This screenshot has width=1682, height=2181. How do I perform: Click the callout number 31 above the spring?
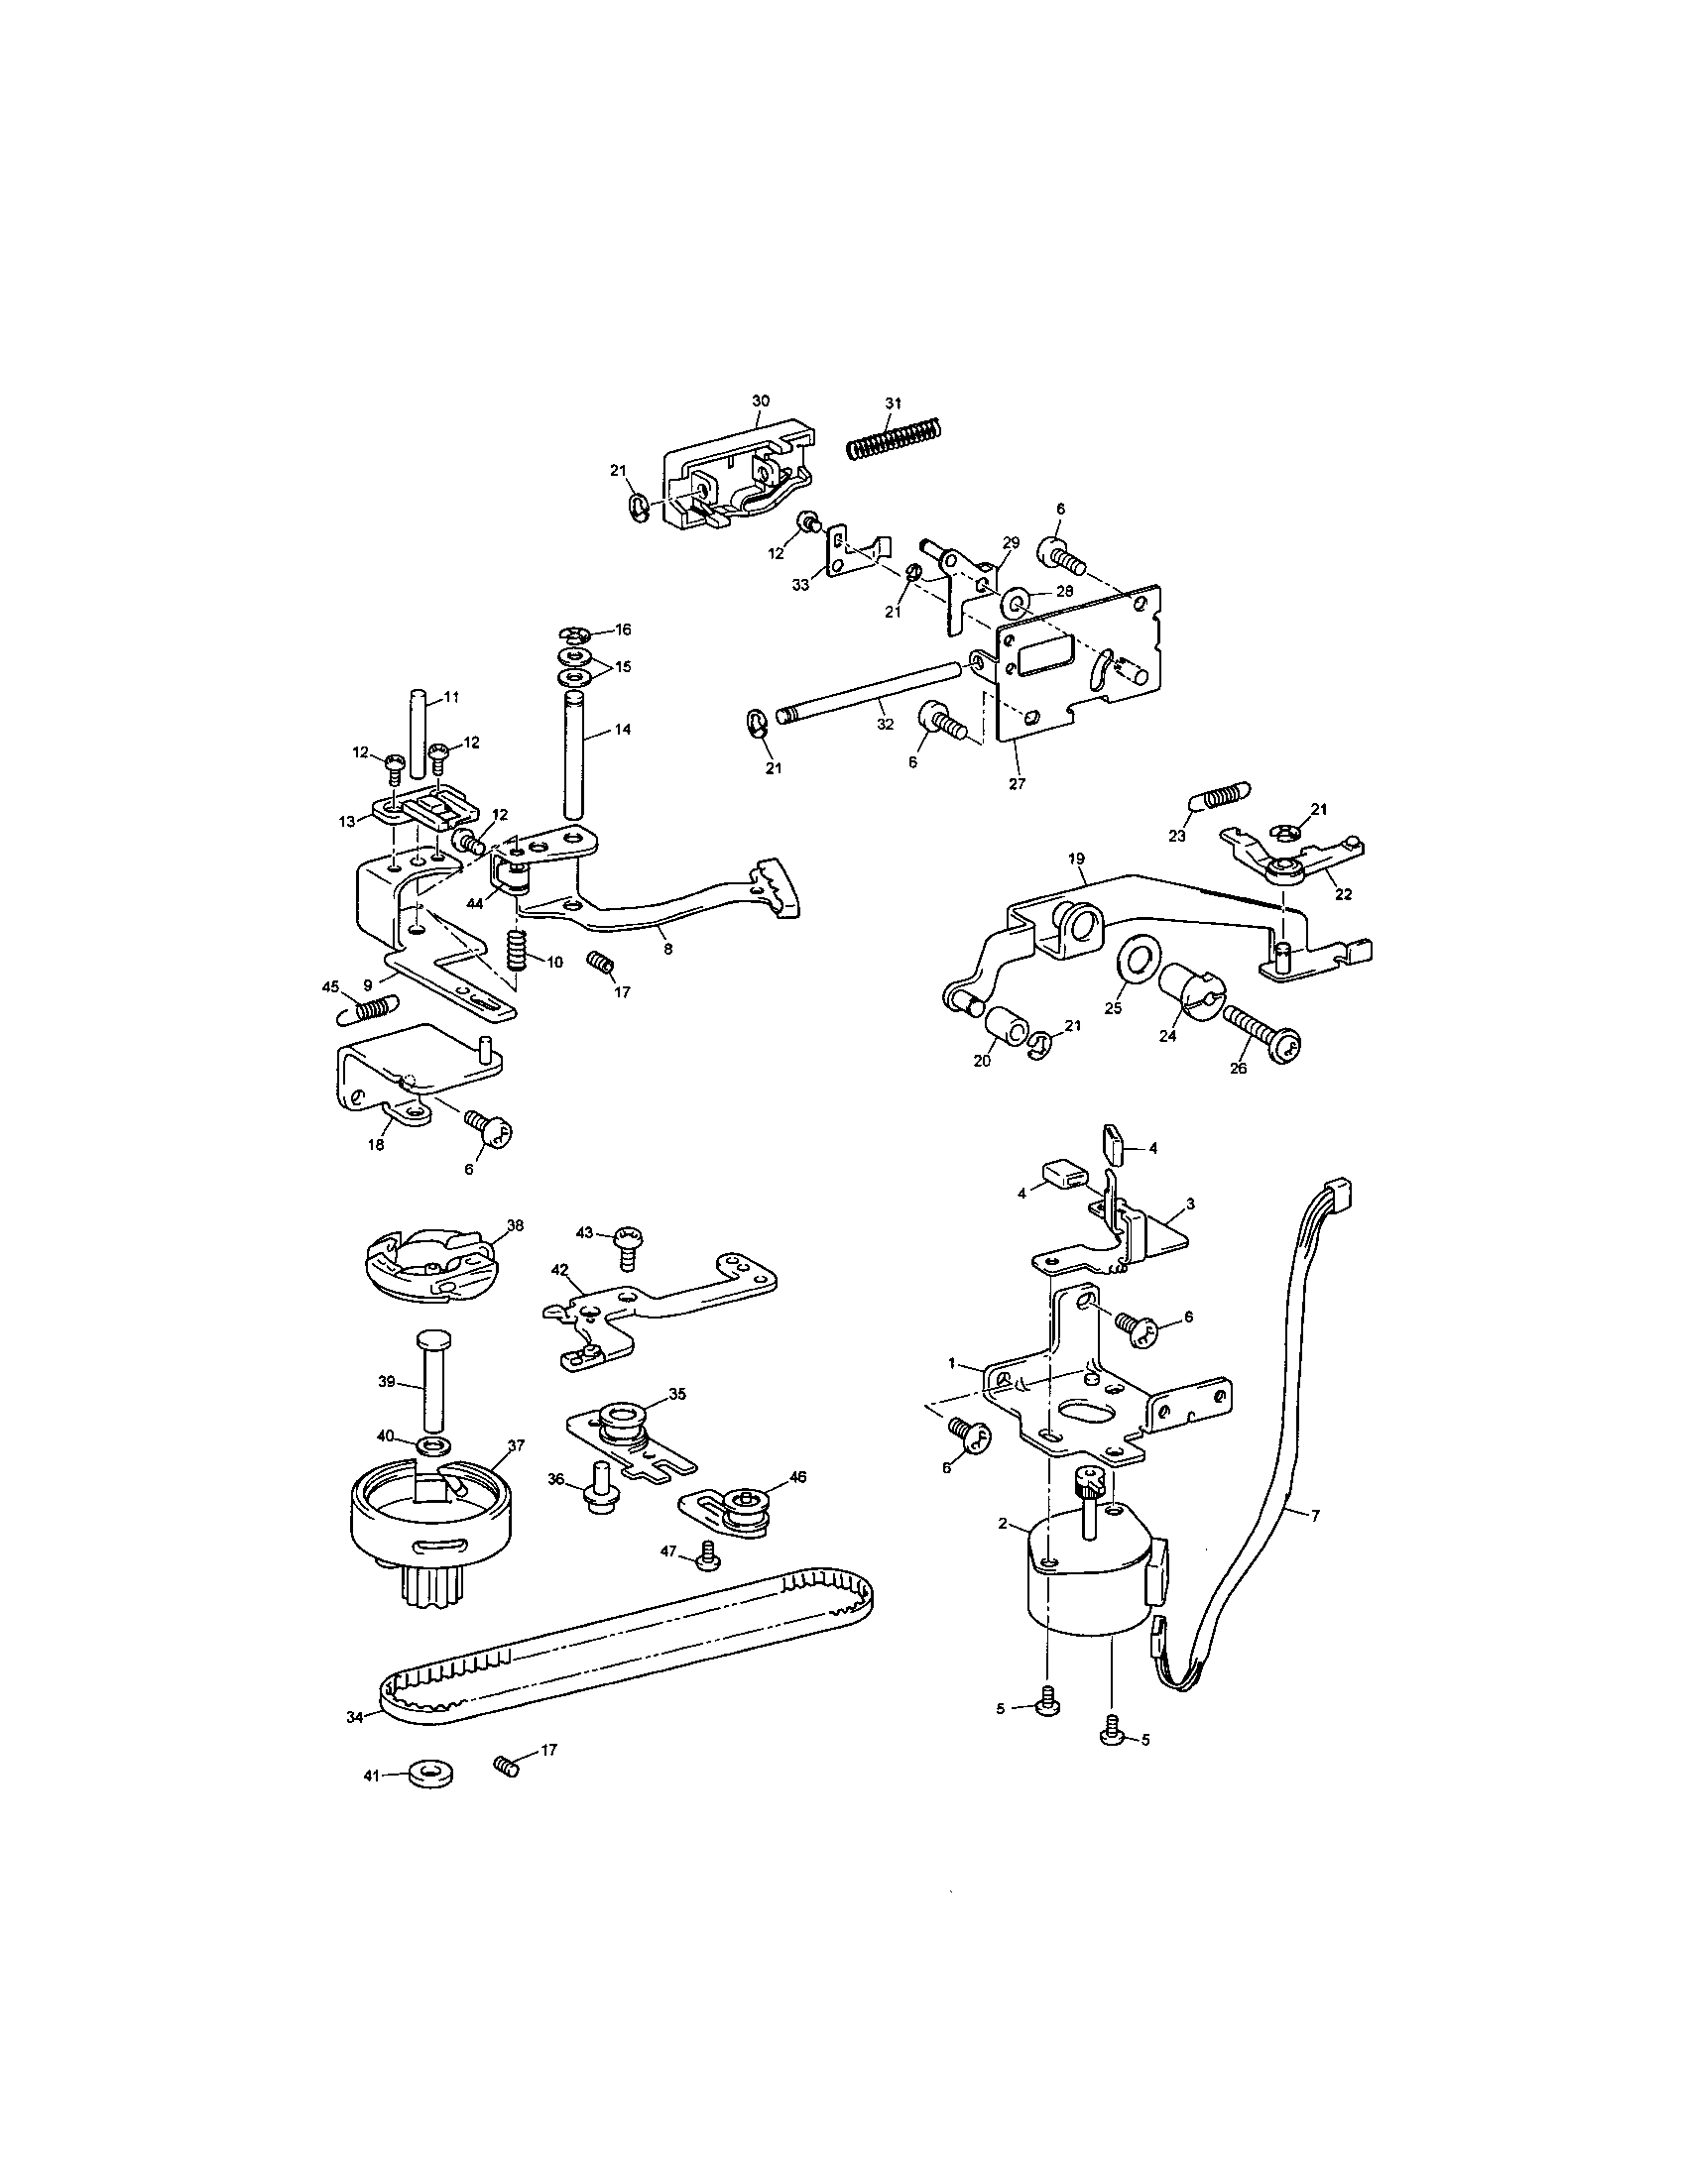pyautogui.click(x=893, y=402)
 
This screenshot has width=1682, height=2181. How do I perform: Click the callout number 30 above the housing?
pyautogui.click(x=760, y=400)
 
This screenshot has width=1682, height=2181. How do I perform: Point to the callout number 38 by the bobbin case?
pyautogui.click(x=516, y=1224)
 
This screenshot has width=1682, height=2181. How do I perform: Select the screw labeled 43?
pyautogui.click(x=629, y=1246)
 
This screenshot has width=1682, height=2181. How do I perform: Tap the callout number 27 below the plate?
pyautogui.click(x=1017, y=784)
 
